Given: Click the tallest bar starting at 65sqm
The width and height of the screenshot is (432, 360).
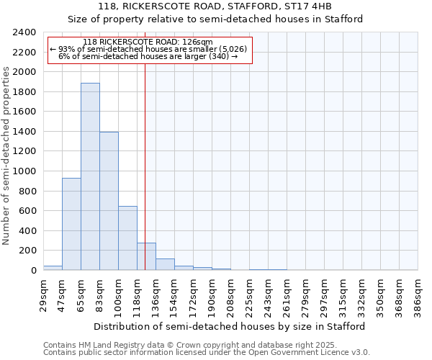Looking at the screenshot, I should (x=90, y=176).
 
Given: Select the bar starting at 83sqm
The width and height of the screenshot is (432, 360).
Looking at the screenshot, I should (x=109, y=201).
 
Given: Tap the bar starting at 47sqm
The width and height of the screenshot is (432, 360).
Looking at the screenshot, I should (x=71, y=224).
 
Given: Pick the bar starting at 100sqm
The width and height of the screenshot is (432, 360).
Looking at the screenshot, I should (x=127, y=238).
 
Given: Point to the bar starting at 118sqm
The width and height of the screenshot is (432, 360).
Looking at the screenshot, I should (x=146, y=256).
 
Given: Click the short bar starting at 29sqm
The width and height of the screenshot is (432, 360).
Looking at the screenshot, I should (x=53, y=268).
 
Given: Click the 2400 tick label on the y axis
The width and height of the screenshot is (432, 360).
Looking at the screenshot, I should (x=24, y=32).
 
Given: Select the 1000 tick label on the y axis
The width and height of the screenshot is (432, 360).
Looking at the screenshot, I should (x=24, y=171).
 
